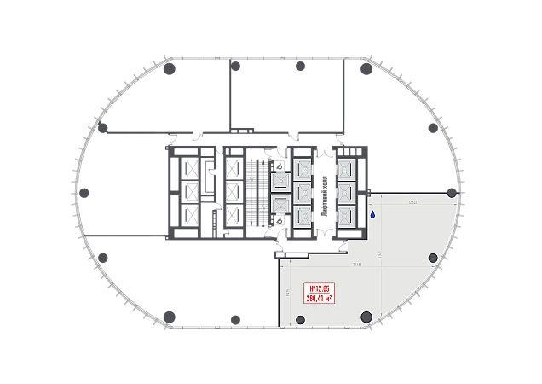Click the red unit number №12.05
point(319,288)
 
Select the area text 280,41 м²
point(319,298)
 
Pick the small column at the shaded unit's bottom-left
point(299,320)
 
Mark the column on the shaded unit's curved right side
point(433,258)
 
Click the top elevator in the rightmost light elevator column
point(347,167)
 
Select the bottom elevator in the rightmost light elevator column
point(347,216)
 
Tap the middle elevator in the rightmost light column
point(347,192)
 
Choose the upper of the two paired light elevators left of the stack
point(280,182)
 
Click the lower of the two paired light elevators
point(280,203)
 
